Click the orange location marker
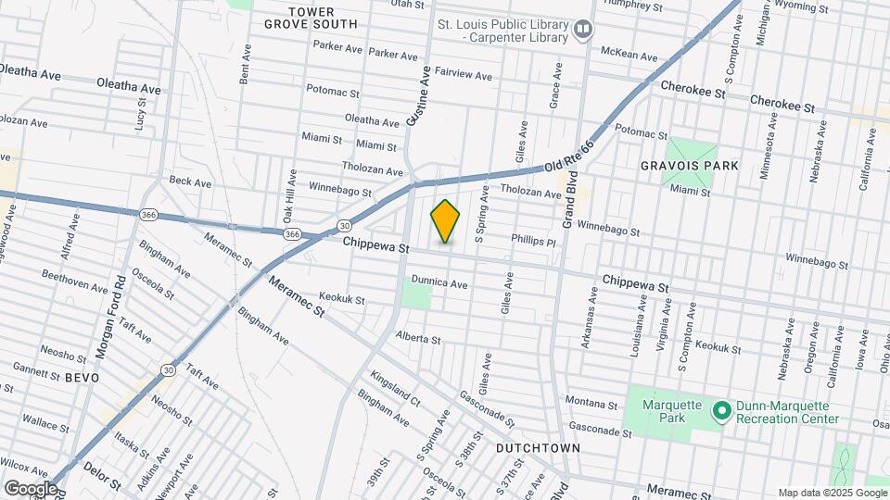point(446,221)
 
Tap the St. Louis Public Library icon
point(583,30)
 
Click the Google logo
point(31,488)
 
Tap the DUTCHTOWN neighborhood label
point(538,448)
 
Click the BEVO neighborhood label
point(82,378)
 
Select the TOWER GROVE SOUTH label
point(310,18)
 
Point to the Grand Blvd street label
point(569,198)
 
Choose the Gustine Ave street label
point(418,95)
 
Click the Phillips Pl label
point(532,240)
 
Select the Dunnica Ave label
point(439,284)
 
